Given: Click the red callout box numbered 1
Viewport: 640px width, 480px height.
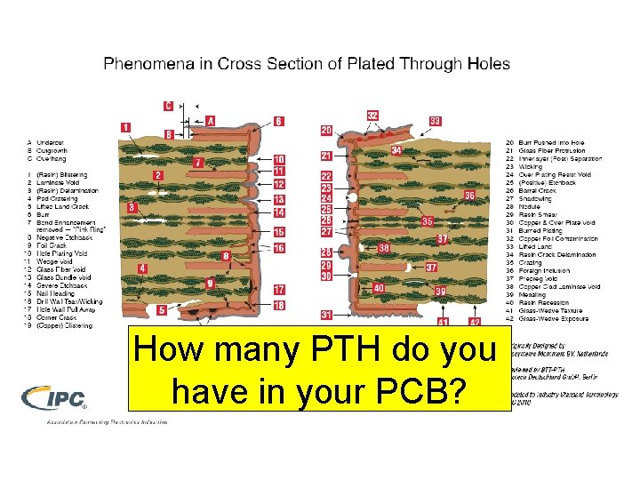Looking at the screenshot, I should tap(126, 128).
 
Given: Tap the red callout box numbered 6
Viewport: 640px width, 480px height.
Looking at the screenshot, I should tap(279, 121).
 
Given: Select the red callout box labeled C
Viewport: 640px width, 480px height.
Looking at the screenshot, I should tap(168, 105).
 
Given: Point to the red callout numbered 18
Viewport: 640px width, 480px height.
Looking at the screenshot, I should tap(279, 305).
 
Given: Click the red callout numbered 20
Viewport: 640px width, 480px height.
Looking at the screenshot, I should tap(326, 131).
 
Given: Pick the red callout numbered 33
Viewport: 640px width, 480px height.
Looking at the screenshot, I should tap(436, 121).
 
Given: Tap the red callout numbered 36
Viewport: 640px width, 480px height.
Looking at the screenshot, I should tap(469, 195).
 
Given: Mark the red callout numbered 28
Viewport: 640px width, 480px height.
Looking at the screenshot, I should tap(326, 252).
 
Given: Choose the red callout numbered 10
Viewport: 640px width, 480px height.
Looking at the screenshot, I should tap(279, 159).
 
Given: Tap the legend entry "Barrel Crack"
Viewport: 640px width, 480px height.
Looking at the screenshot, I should tap(539, 190).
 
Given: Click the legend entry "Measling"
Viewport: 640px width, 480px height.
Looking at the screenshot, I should tap(533, 294).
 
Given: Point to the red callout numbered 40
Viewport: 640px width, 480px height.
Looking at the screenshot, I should tap(378, 288).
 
